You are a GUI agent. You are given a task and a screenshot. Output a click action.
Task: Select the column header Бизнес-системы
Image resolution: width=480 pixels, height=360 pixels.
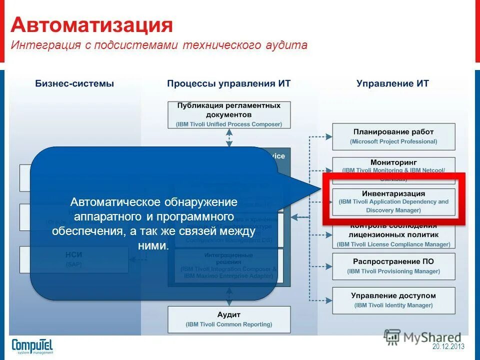click(74, 83)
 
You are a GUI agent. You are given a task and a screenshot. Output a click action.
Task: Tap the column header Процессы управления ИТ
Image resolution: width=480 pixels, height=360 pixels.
click(228, 83)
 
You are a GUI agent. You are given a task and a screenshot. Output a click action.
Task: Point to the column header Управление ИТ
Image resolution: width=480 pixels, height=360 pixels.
click(392, 83)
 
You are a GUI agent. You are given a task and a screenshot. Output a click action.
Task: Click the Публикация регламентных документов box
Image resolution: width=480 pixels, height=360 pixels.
click(228, 114)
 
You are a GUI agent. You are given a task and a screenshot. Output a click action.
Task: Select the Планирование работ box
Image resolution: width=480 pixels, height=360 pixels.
click(393, 136)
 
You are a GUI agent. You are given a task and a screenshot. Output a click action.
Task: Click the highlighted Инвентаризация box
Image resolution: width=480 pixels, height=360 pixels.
click(393, 201)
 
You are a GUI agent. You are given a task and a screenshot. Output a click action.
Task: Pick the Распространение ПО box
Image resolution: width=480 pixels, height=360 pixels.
click(393, 266)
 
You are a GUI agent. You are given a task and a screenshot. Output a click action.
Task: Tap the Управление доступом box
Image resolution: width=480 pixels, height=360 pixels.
click(393, 300)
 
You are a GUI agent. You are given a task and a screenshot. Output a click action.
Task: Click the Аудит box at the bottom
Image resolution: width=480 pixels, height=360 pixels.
click(228, 319)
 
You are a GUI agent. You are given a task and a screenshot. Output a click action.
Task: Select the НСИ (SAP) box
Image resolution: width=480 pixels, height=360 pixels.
click(74, 259)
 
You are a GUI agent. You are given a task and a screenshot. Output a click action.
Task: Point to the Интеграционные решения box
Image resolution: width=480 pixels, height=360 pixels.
click(228, 265)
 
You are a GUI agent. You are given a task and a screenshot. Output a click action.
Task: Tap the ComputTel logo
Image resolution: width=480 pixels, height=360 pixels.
click(32, 345)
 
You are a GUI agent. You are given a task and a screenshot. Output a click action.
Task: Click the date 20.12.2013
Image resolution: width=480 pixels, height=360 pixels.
click(448, 346)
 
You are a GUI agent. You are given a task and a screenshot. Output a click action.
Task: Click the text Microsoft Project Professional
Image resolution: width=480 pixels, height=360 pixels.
click(393, 141)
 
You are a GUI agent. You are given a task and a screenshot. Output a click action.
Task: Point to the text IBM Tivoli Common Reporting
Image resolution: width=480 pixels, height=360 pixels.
click(228, 324)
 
